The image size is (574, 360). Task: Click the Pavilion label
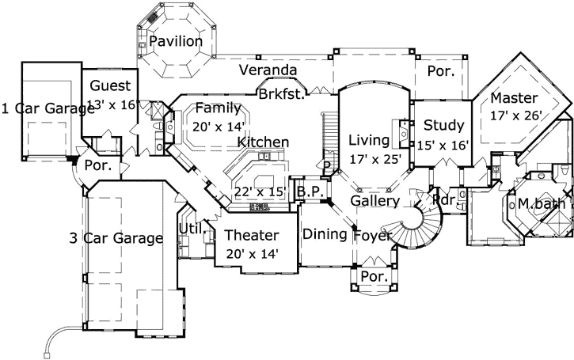(x=176, y=41)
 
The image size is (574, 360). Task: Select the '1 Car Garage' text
(x=48, y=108)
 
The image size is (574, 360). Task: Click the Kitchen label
(x=263, y=142)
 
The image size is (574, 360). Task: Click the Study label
(x=443, y=125)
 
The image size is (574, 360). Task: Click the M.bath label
(x=541, y=204)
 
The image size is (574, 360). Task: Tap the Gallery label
(x=374, y=201)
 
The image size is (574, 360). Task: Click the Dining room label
(x=325, y=233)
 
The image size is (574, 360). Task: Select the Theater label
(x=251, y=235)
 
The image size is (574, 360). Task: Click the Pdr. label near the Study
(x=443, y=200)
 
